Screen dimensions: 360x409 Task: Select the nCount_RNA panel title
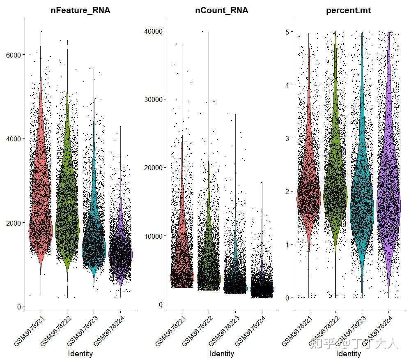[222, 11]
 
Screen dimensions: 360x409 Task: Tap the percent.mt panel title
[348, 11]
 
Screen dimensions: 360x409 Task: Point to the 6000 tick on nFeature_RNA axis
[18, 55]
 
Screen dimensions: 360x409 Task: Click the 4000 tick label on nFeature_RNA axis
[18, 139]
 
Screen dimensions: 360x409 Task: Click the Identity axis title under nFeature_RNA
[80, 353]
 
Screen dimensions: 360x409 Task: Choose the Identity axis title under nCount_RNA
[222, 353]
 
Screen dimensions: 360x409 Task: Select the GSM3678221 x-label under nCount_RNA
[169, 331]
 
